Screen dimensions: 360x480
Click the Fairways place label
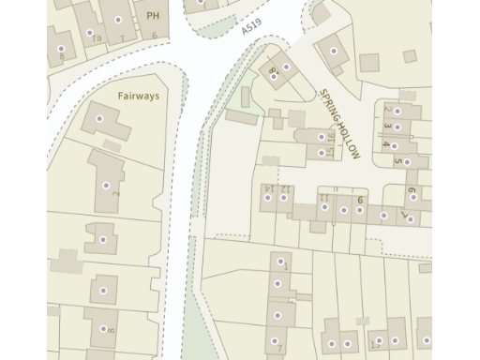coord(139,96)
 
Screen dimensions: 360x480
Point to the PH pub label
coord(151,15)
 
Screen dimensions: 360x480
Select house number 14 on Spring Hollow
coord(268,189)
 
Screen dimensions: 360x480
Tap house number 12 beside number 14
coord(286,189)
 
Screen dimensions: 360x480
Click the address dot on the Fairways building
coord(99,119)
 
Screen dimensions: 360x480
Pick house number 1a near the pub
coord(96,37)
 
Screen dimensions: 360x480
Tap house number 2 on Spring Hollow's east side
coord(385,110)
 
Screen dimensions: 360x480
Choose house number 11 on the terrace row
coord(324,198)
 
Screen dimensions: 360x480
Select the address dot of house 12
coord(283,198)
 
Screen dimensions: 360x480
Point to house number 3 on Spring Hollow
coord(385,127)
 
